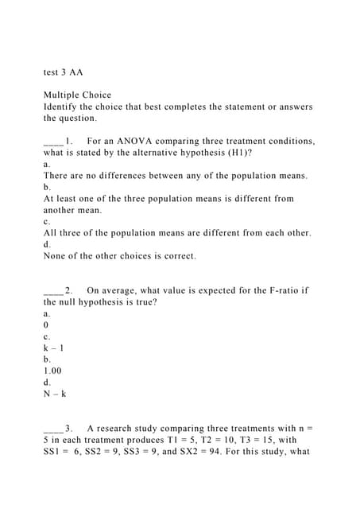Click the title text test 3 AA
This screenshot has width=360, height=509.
click(63, 72)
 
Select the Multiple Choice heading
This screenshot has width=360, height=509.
click(78, 95)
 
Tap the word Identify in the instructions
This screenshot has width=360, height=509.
click(63, 107)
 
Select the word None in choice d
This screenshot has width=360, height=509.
click(56, 256)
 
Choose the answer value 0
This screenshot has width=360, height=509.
click(46, 325)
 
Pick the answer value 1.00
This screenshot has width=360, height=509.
click(53, 371)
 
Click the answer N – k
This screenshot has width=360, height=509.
click(54, 394)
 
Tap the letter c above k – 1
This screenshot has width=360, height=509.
click(46, 336)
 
